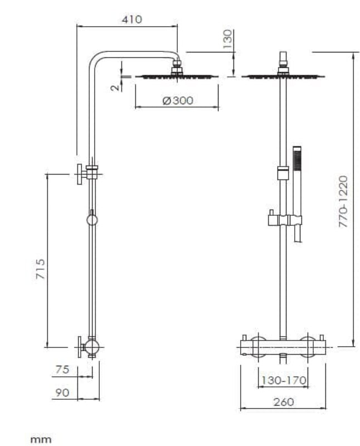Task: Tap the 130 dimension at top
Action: point(227,40)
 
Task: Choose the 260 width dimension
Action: point(283,401)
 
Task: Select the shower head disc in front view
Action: point(283,76)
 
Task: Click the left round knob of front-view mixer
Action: point(257,346)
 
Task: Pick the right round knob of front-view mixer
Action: point(308,346)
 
